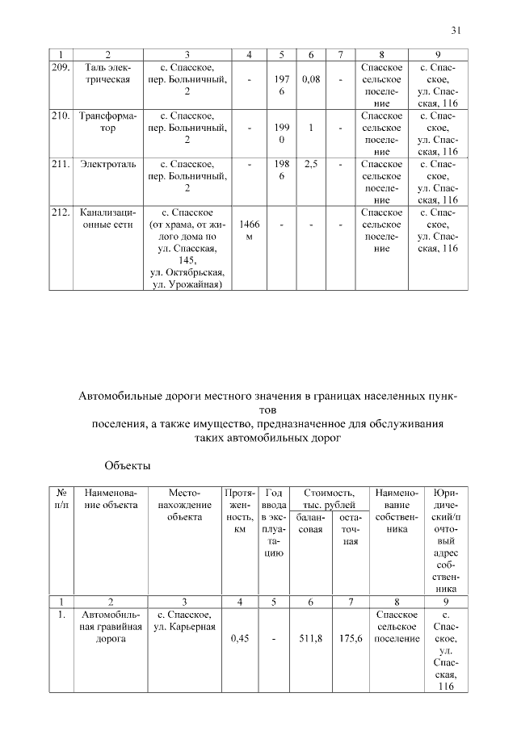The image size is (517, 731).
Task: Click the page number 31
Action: [456, 31]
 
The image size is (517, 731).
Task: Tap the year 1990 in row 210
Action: [281, 134]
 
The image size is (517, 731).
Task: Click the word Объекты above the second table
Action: [128, 466]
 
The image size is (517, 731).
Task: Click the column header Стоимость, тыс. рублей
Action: [329, 498]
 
